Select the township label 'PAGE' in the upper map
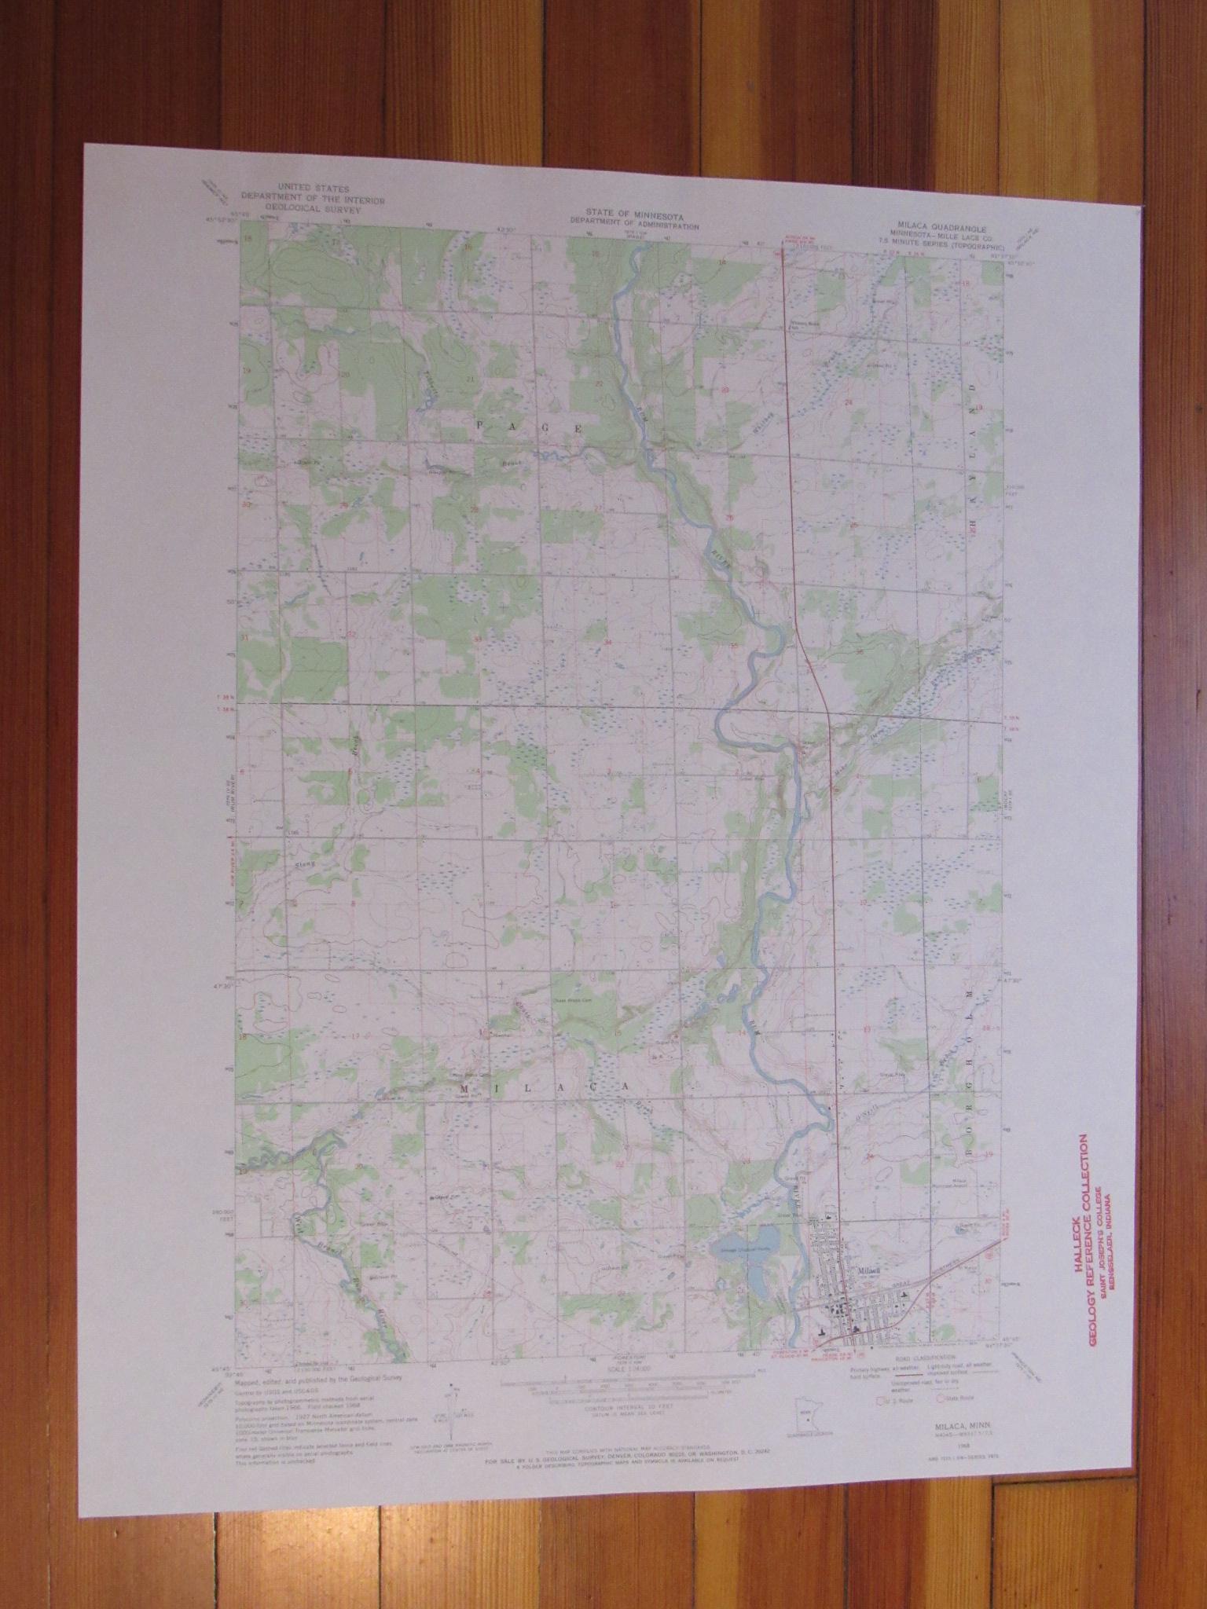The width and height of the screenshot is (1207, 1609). (526, 427)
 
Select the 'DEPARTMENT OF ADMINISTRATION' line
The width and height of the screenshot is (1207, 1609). (635, 225)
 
